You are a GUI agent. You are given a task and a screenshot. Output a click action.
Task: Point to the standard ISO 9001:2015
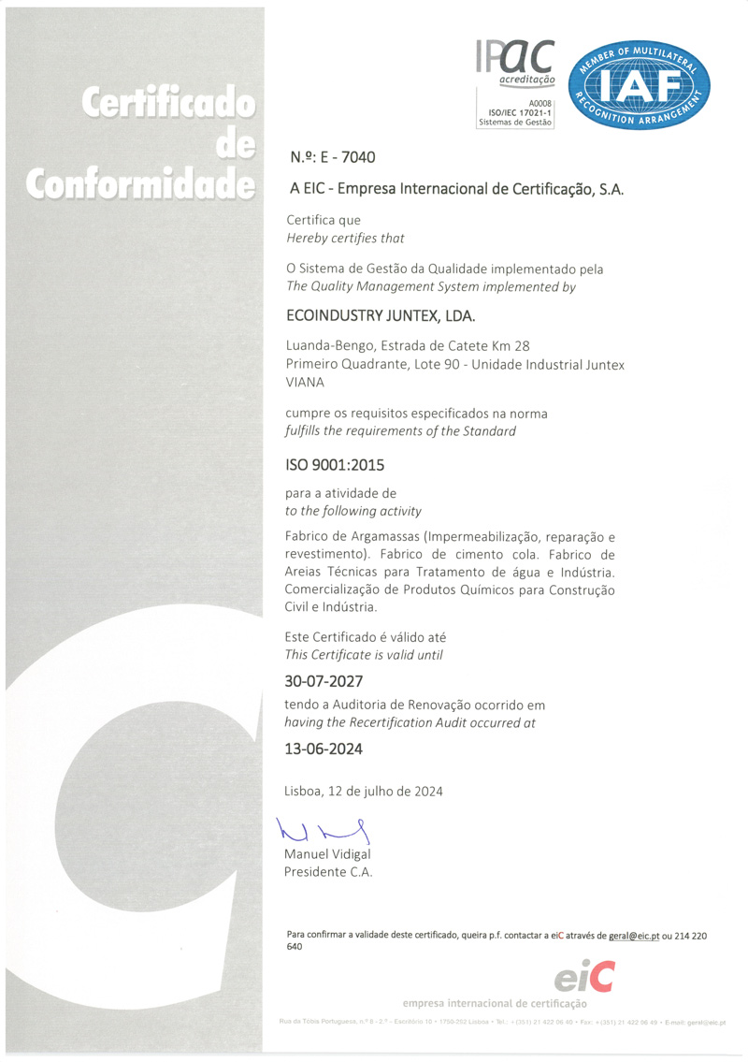tap(334, 463)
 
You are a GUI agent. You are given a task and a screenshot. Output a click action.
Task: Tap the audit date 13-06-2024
tap(323, 749)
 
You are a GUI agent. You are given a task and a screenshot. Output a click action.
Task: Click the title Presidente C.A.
tap(328, 872)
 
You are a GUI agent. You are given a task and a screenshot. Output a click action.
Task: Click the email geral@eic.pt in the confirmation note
tap(629, 935)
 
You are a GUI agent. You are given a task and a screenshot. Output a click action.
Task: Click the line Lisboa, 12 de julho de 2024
tap(363, 791)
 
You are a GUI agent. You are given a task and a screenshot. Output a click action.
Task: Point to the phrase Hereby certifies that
tap(344, 238)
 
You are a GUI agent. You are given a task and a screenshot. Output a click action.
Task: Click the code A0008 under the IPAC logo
tap(540, 103)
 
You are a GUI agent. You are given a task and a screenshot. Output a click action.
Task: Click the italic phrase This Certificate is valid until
tap(364, 655)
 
